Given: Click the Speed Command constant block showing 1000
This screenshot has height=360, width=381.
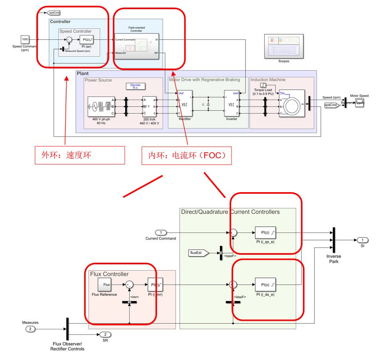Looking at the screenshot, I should (x=25, y=39).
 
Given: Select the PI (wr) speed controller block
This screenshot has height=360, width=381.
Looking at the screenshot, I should (x=86, y=39).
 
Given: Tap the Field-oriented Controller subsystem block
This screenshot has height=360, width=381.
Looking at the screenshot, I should (x=136, y=46).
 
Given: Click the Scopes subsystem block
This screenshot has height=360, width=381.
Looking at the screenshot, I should (x=283, y=47).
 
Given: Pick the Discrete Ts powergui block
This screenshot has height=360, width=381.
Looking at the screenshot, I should (x=135, y=86).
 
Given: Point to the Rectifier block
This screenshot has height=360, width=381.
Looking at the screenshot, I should (x=185, y=105).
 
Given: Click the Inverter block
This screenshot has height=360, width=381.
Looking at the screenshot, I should (x=231, y=105).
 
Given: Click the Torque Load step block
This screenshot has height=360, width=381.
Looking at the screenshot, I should (x=263, y=85).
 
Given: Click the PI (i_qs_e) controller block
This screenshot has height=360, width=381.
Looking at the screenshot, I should (x=265, y=232).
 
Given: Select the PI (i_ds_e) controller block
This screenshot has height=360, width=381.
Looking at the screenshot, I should (x=265, y=285).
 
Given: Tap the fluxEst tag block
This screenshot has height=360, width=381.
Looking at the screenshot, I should (x=198, y=253).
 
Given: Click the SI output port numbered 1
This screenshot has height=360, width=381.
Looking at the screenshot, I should (x=362, y=240).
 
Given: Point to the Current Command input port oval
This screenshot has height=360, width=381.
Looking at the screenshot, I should (x=161, y=232).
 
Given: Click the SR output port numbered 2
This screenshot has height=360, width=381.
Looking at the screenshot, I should (x=105, y=334).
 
